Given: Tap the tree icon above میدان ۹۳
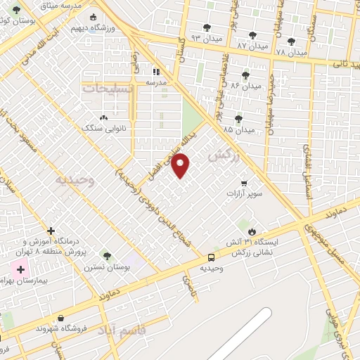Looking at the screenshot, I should click(206, 27).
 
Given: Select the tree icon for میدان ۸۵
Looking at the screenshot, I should click(238, 118).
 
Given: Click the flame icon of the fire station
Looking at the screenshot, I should click(252, 231).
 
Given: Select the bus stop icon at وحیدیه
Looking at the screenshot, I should click(212, 257).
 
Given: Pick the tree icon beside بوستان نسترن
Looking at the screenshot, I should click(106, 256).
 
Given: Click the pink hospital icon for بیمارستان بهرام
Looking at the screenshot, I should click(20, 269).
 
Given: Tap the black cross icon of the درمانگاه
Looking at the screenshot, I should click(51, 231).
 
